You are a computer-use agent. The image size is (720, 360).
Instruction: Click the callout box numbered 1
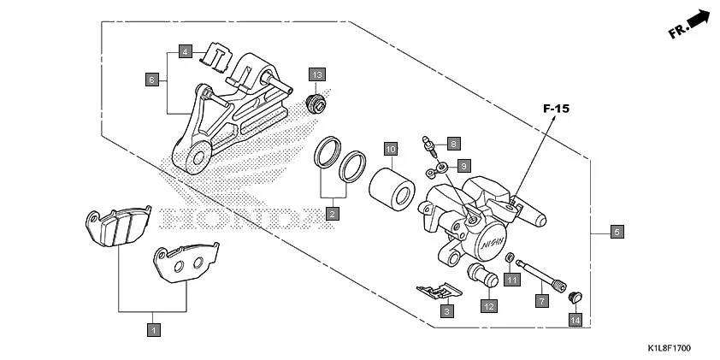point(154,328)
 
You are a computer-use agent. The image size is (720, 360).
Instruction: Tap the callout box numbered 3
point(446,312)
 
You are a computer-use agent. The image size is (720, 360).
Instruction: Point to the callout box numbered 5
point(616,232)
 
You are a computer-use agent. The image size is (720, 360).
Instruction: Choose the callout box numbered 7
point(541,301)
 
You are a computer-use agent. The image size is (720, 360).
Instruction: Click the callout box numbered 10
point(389,150)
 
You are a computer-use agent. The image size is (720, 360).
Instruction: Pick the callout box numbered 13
point(317,75)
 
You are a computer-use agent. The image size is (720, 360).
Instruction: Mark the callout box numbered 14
point(575,320)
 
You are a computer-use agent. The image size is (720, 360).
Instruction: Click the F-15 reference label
point(556,109)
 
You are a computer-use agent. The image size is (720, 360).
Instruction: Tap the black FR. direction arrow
point(700,19)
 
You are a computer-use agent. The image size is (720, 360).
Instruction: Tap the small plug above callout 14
point(575,298)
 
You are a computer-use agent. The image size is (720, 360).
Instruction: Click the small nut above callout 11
point(510,259)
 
